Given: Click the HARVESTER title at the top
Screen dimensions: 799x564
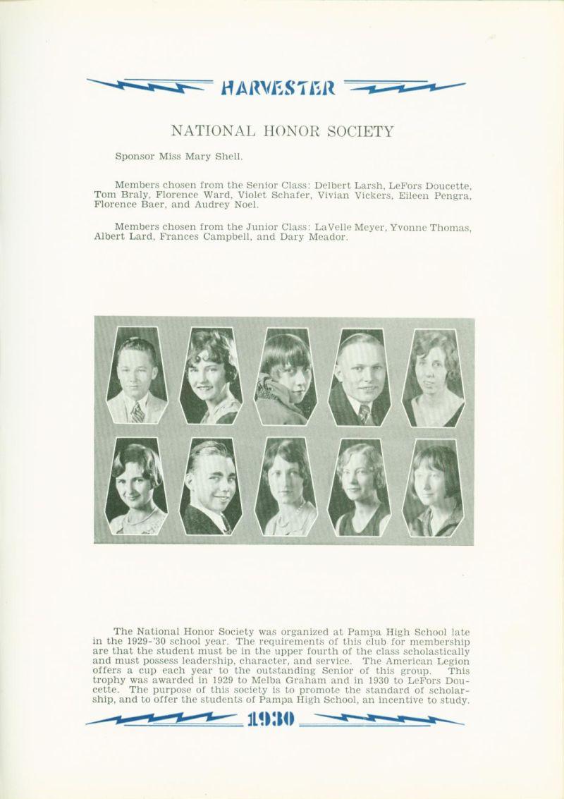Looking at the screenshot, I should click(281, 87).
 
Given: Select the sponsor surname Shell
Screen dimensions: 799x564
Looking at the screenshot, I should click(228, 157).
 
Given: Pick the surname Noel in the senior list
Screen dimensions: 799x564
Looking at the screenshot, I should click(245, 205).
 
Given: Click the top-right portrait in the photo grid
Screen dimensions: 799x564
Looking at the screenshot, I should click(433, 377).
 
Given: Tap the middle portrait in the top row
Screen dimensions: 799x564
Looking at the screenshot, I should click(285, 377).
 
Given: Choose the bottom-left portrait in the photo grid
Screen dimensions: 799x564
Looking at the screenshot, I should click(136, 487).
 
